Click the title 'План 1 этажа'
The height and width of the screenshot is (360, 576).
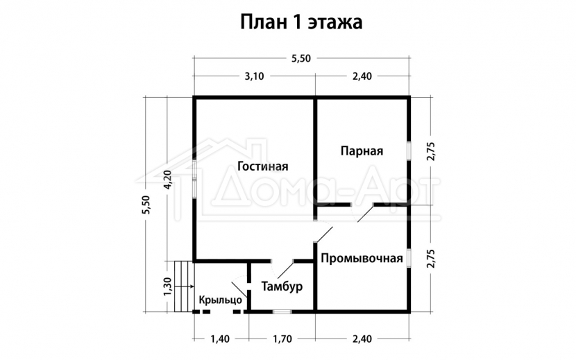pos(301,23)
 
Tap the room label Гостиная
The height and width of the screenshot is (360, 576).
pos(263,166)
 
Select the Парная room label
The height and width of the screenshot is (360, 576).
pos(362,151)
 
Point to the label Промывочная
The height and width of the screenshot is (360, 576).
pos(362,258)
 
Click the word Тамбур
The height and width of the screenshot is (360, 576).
pos(282,286)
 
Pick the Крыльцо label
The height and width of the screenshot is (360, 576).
pos(221,300)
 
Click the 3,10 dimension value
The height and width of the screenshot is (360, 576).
pos(254,76)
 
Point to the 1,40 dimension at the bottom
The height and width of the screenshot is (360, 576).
pos(220,338)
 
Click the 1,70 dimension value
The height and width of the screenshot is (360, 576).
pos(282,338)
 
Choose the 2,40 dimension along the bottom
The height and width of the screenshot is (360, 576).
pos(362,338)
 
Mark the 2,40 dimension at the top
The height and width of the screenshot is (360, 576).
pos(362,76)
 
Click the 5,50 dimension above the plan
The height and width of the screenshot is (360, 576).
pos(301,58)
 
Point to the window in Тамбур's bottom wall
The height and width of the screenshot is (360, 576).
pos(282,311)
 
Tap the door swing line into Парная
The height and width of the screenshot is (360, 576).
pos(366,214)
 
